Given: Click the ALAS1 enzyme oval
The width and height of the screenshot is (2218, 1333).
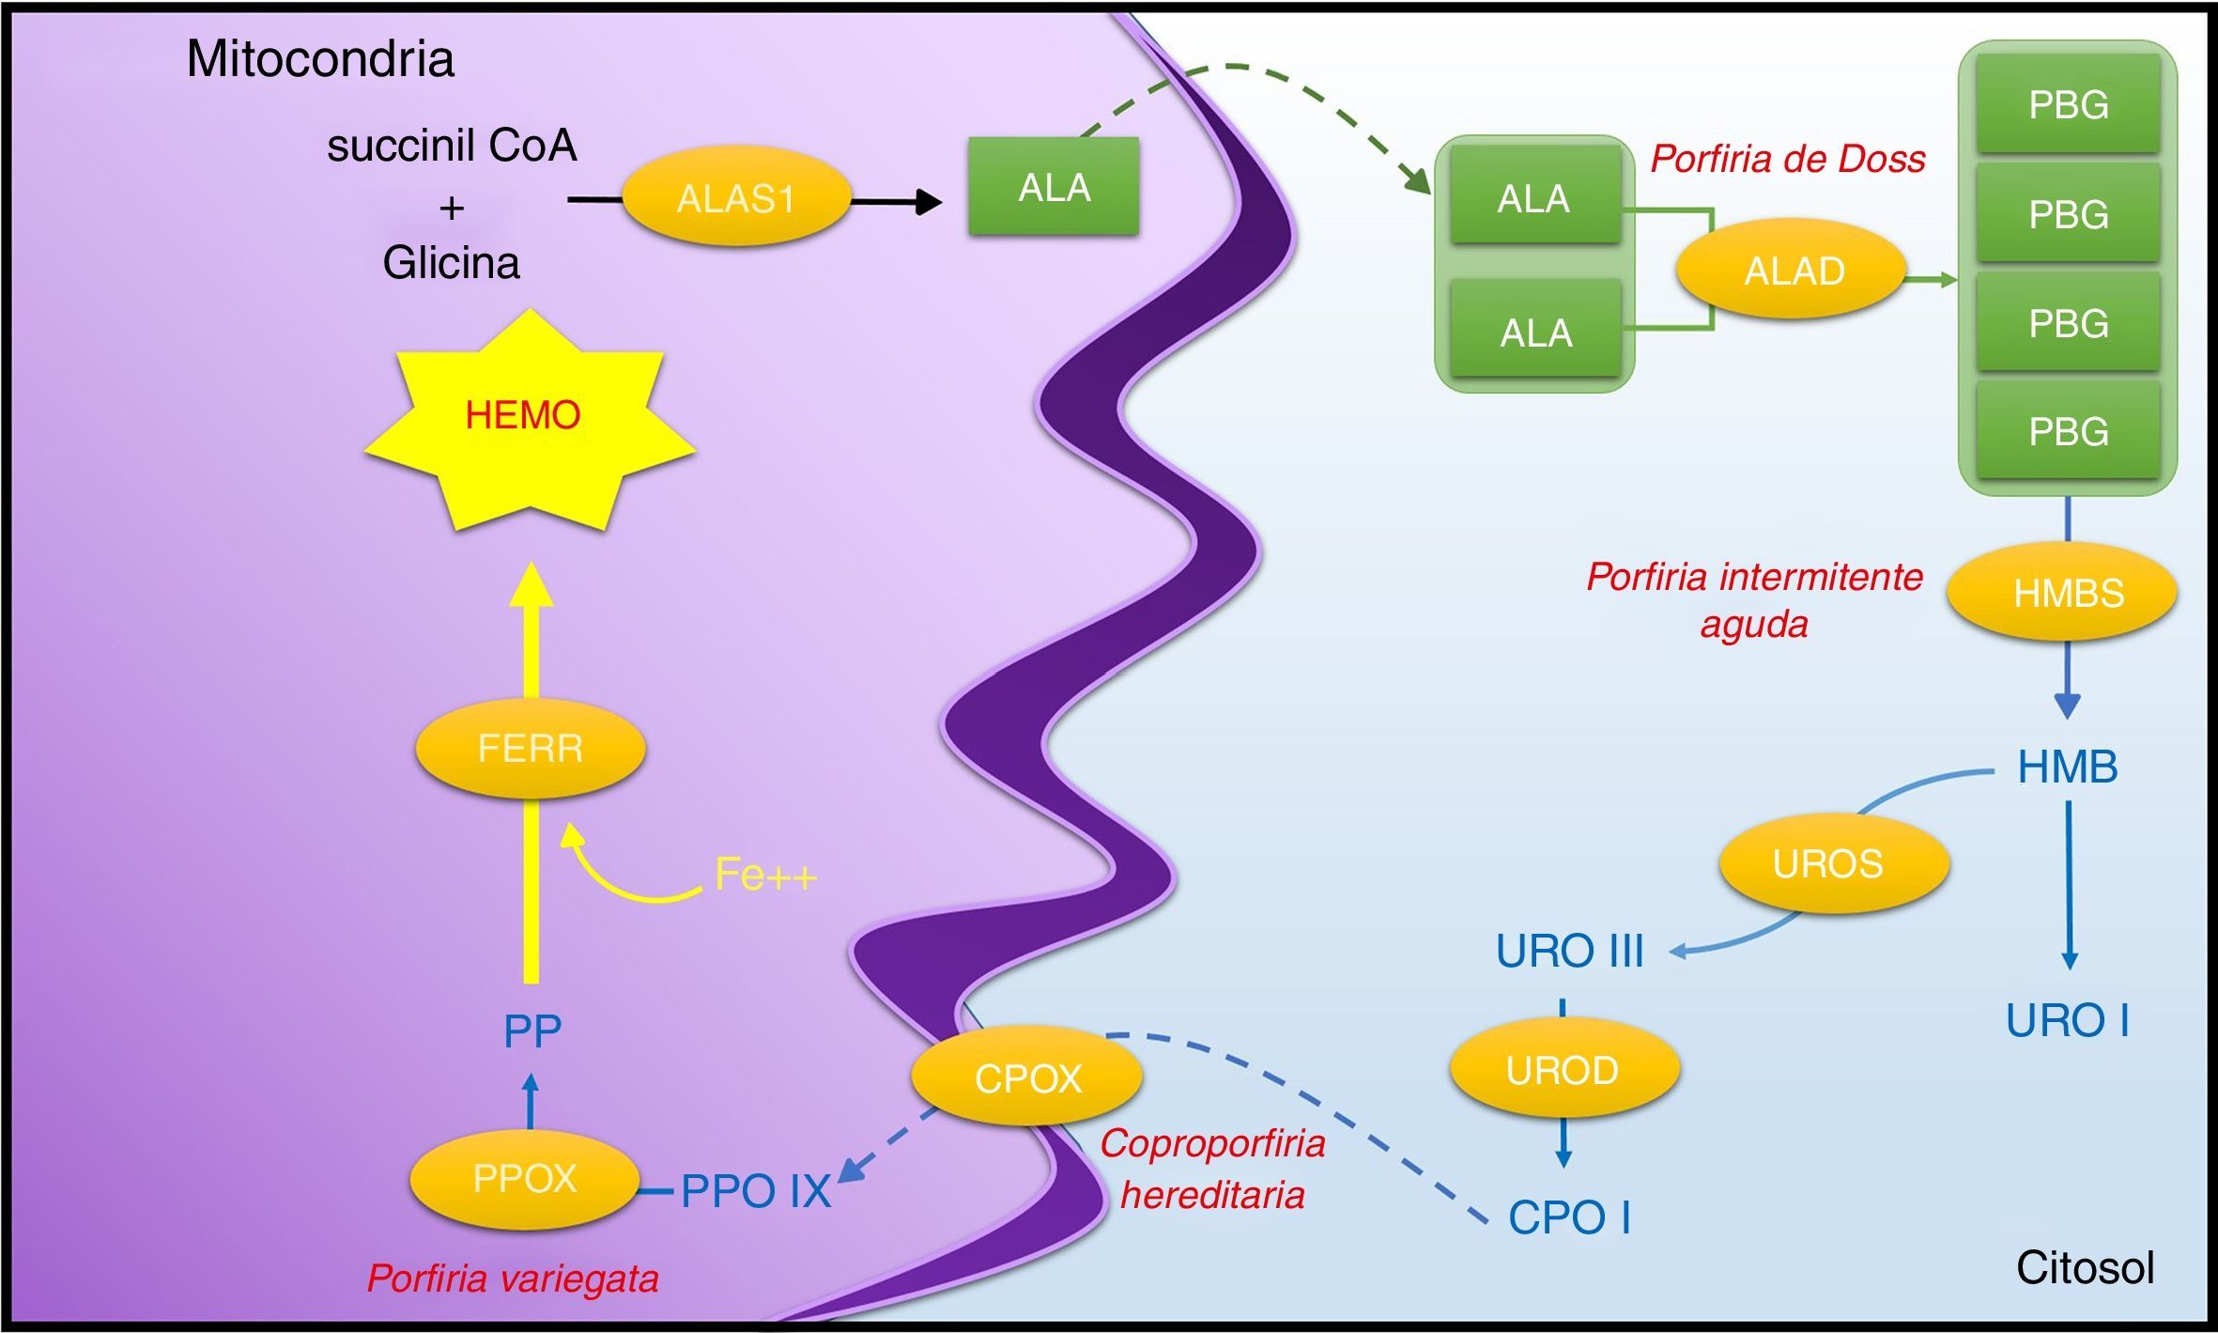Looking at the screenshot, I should click(x=736, y=198).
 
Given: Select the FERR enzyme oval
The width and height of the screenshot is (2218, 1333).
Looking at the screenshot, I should click(x=531, y=749).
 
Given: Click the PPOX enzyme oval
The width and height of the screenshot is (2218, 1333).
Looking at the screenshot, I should click(x=525, y=1179).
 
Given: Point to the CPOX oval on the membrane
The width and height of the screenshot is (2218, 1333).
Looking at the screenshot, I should click(x=1027, y=1077).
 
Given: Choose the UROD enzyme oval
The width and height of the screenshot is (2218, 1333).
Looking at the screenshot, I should click(x=1563, y=1070).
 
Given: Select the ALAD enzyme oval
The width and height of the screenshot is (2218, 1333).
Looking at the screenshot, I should click(x=1794, y=271).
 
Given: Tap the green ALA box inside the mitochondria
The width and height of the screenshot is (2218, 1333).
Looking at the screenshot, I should click(x=1054, y=187).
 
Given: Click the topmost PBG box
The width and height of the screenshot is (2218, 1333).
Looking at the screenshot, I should click(x=2068, y=104).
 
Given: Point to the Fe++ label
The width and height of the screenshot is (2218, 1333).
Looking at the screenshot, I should click(x=765, y=875).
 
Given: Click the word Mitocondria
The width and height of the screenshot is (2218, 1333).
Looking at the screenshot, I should click(x=320, y=59).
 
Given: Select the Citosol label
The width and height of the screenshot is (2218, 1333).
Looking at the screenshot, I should click(x=2085, y=1268).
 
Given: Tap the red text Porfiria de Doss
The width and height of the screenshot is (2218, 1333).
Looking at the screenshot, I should click(x=1788, y=159).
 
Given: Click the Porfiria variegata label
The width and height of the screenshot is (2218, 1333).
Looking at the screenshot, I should click(x=513, y=1279).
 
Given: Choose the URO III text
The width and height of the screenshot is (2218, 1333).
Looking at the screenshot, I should click(x=1569, y=951).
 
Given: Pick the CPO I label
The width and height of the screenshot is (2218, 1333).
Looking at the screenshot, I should click(x=1569, y=1217).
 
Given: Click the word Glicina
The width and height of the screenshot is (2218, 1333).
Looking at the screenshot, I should click(x=451, y=263).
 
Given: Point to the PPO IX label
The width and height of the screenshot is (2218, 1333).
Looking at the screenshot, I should click(x=756, y=1191).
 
